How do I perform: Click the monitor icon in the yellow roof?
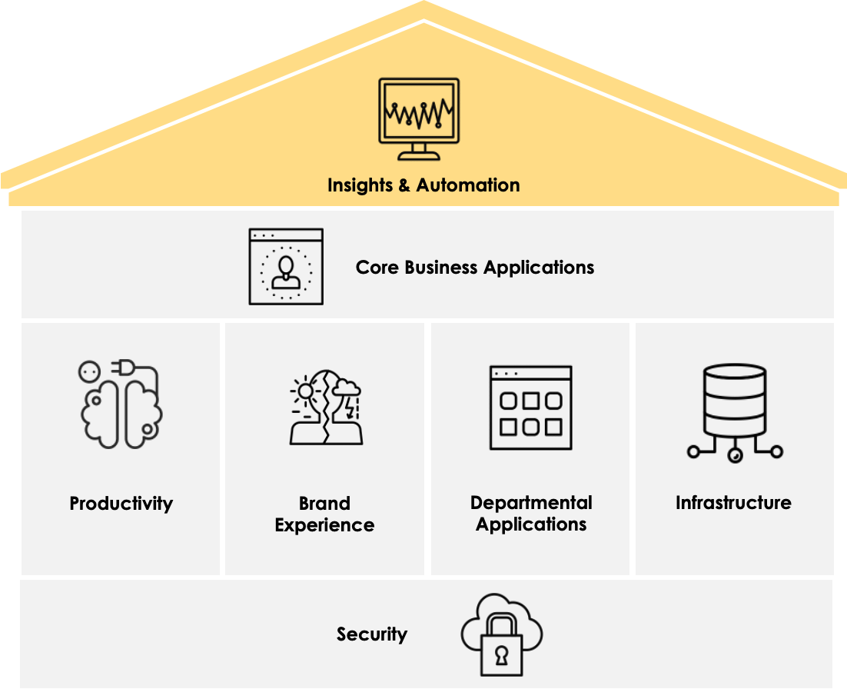[419, 118]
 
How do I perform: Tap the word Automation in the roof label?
[468, 185]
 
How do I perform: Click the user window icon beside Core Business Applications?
[286, 266]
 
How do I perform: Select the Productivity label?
[121, 504]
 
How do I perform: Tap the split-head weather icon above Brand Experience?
[325, 408]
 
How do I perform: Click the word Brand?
[324, 504]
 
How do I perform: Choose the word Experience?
[324, 525]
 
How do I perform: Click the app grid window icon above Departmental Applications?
[530, 408]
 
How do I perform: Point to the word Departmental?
[531, 503]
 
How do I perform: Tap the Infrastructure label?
[733, 503]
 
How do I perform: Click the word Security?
[372, 634]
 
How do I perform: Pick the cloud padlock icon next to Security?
[501, 635]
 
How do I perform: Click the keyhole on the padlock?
[501, 656]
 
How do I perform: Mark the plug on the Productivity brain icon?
[123, 371]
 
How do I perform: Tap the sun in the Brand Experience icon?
[306, 391]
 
